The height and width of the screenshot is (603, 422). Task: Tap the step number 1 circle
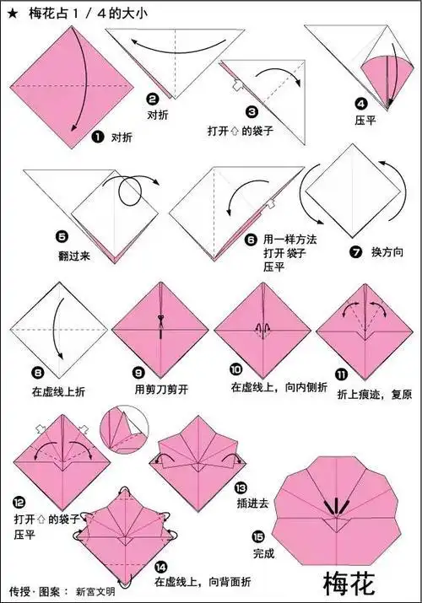[x=97, y=135]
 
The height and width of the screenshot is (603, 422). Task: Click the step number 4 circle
[x=360, y=104]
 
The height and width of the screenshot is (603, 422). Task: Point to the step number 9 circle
[x=140, y=373]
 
